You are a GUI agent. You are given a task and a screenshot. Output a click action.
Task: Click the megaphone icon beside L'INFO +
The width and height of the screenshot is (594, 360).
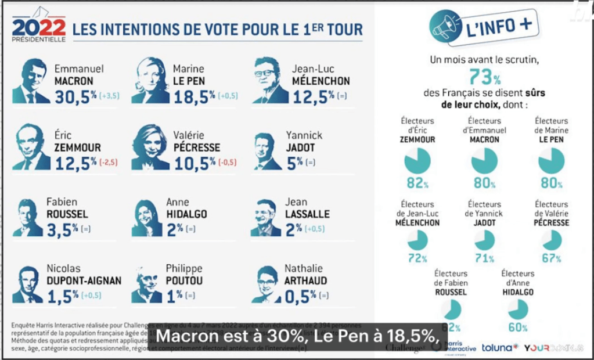tap(445, 27)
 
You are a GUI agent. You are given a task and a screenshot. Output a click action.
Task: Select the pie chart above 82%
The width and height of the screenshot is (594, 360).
tap(417, 161)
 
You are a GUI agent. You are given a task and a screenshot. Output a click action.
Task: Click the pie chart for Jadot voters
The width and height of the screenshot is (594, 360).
tap(484, 240)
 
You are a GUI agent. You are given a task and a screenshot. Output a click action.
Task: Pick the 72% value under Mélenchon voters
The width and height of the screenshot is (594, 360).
tap(417, 258)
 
